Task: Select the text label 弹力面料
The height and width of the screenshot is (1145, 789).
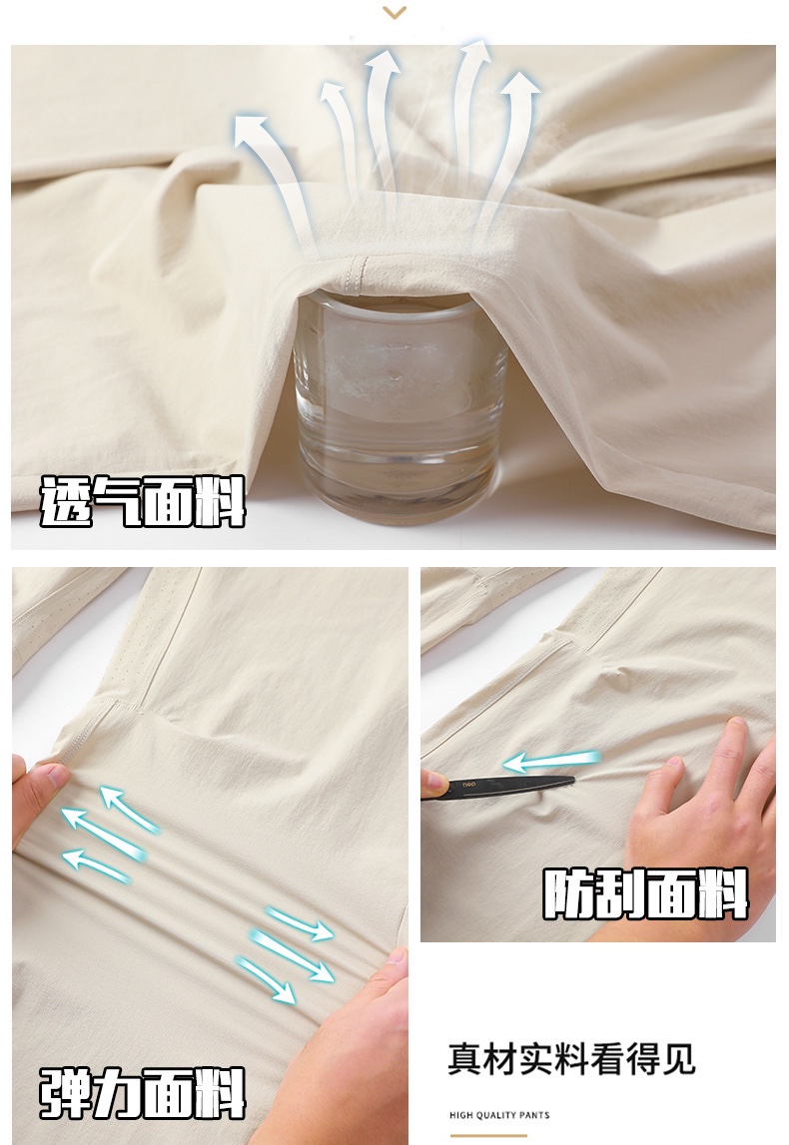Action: pos(143,1092)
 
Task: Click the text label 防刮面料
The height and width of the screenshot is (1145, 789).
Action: pos(646,893)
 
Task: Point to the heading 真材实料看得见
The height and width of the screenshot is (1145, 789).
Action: pos(571,1059)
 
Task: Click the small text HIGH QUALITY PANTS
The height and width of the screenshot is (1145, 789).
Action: pos(499,1115)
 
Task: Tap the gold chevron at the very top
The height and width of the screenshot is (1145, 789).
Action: pos(394,12)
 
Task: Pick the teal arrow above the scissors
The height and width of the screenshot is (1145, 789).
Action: pos(551,761)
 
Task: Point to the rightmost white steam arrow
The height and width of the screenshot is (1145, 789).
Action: pos(511,146)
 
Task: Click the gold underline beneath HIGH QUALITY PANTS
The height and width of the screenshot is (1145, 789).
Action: pos(488,1135)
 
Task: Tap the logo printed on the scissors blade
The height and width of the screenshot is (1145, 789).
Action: pos(468,785)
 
